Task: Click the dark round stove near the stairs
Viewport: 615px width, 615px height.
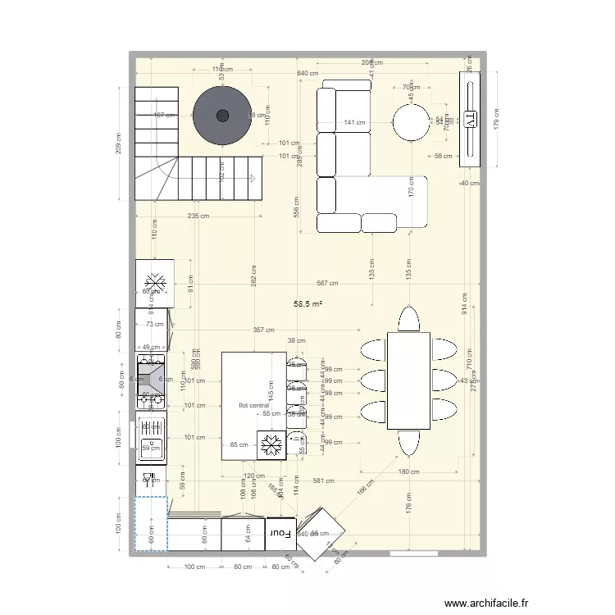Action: [x=222, y=115]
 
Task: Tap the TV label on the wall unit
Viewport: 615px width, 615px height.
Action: [x=470, y=120]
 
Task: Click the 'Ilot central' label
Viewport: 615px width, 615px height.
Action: [x=253, y=405]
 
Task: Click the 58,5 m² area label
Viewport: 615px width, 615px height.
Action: [x=307, y=303]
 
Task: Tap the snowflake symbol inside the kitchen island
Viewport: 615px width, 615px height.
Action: [x=271, y=447]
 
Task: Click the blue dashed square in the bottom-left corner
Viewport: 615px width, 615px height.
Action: [x=151, y=523]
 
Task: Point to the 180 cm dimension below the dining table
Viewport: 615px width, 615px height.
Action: [x=408, y=471]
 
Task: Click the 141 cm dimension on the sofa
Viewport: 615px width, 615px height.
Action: [x=354, y=123]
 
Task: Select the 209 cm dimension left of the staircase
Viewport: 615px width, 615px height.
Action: [x=118, y=143]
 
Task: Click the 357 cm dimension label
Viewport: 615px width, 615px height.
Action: [x=263, y=330]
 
